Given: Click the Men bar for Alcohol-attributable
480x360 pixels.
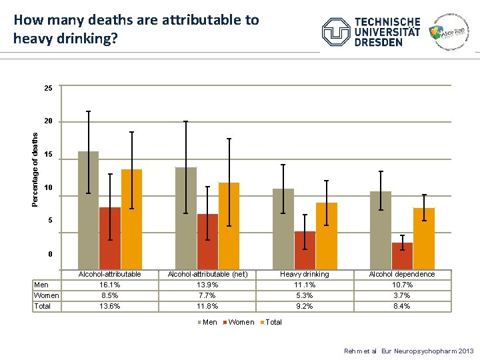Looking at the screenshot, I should tap(88, 210).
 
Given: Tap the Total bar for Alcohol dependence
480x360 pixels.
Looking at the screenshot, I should tap(423, 239).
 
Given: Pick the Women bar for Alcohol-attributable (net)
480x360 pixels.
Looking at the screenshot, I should tap(207, 241).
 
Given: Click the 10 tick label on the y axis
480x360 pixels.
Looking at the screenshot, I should tap(48, 188).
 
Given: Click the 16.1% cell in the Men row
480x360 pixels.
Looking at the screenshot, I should tap(109, 285).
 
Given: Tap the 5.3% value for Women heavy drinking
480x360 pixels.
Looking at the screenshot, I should tap(304, 295).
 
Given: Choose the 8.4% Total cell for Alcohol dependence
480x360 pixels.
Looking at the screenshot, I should tap(401, 306).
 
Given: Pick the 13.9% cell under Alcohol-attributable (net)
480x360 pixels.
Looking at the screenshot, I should tap(207, 285).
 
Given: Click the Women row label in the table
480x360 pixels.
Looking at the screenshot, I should tap(47, 295).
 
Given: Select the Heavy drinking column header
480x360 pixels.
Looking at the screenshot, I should tap(304, 274).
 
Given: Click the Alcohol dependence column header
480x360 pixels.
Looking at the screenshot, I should tap(401, 274).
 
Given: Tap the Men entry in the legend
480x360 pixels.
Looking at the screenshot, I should tap(208, 322).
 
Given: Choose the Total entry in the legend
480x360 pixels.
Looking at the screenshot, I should tap(272, 322).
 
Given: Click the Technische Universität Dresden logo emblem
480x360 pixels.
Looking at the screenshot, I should tap(336, 32).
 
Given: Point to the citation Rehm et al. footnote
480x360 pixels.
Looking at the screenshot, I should tap(409, 351).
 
